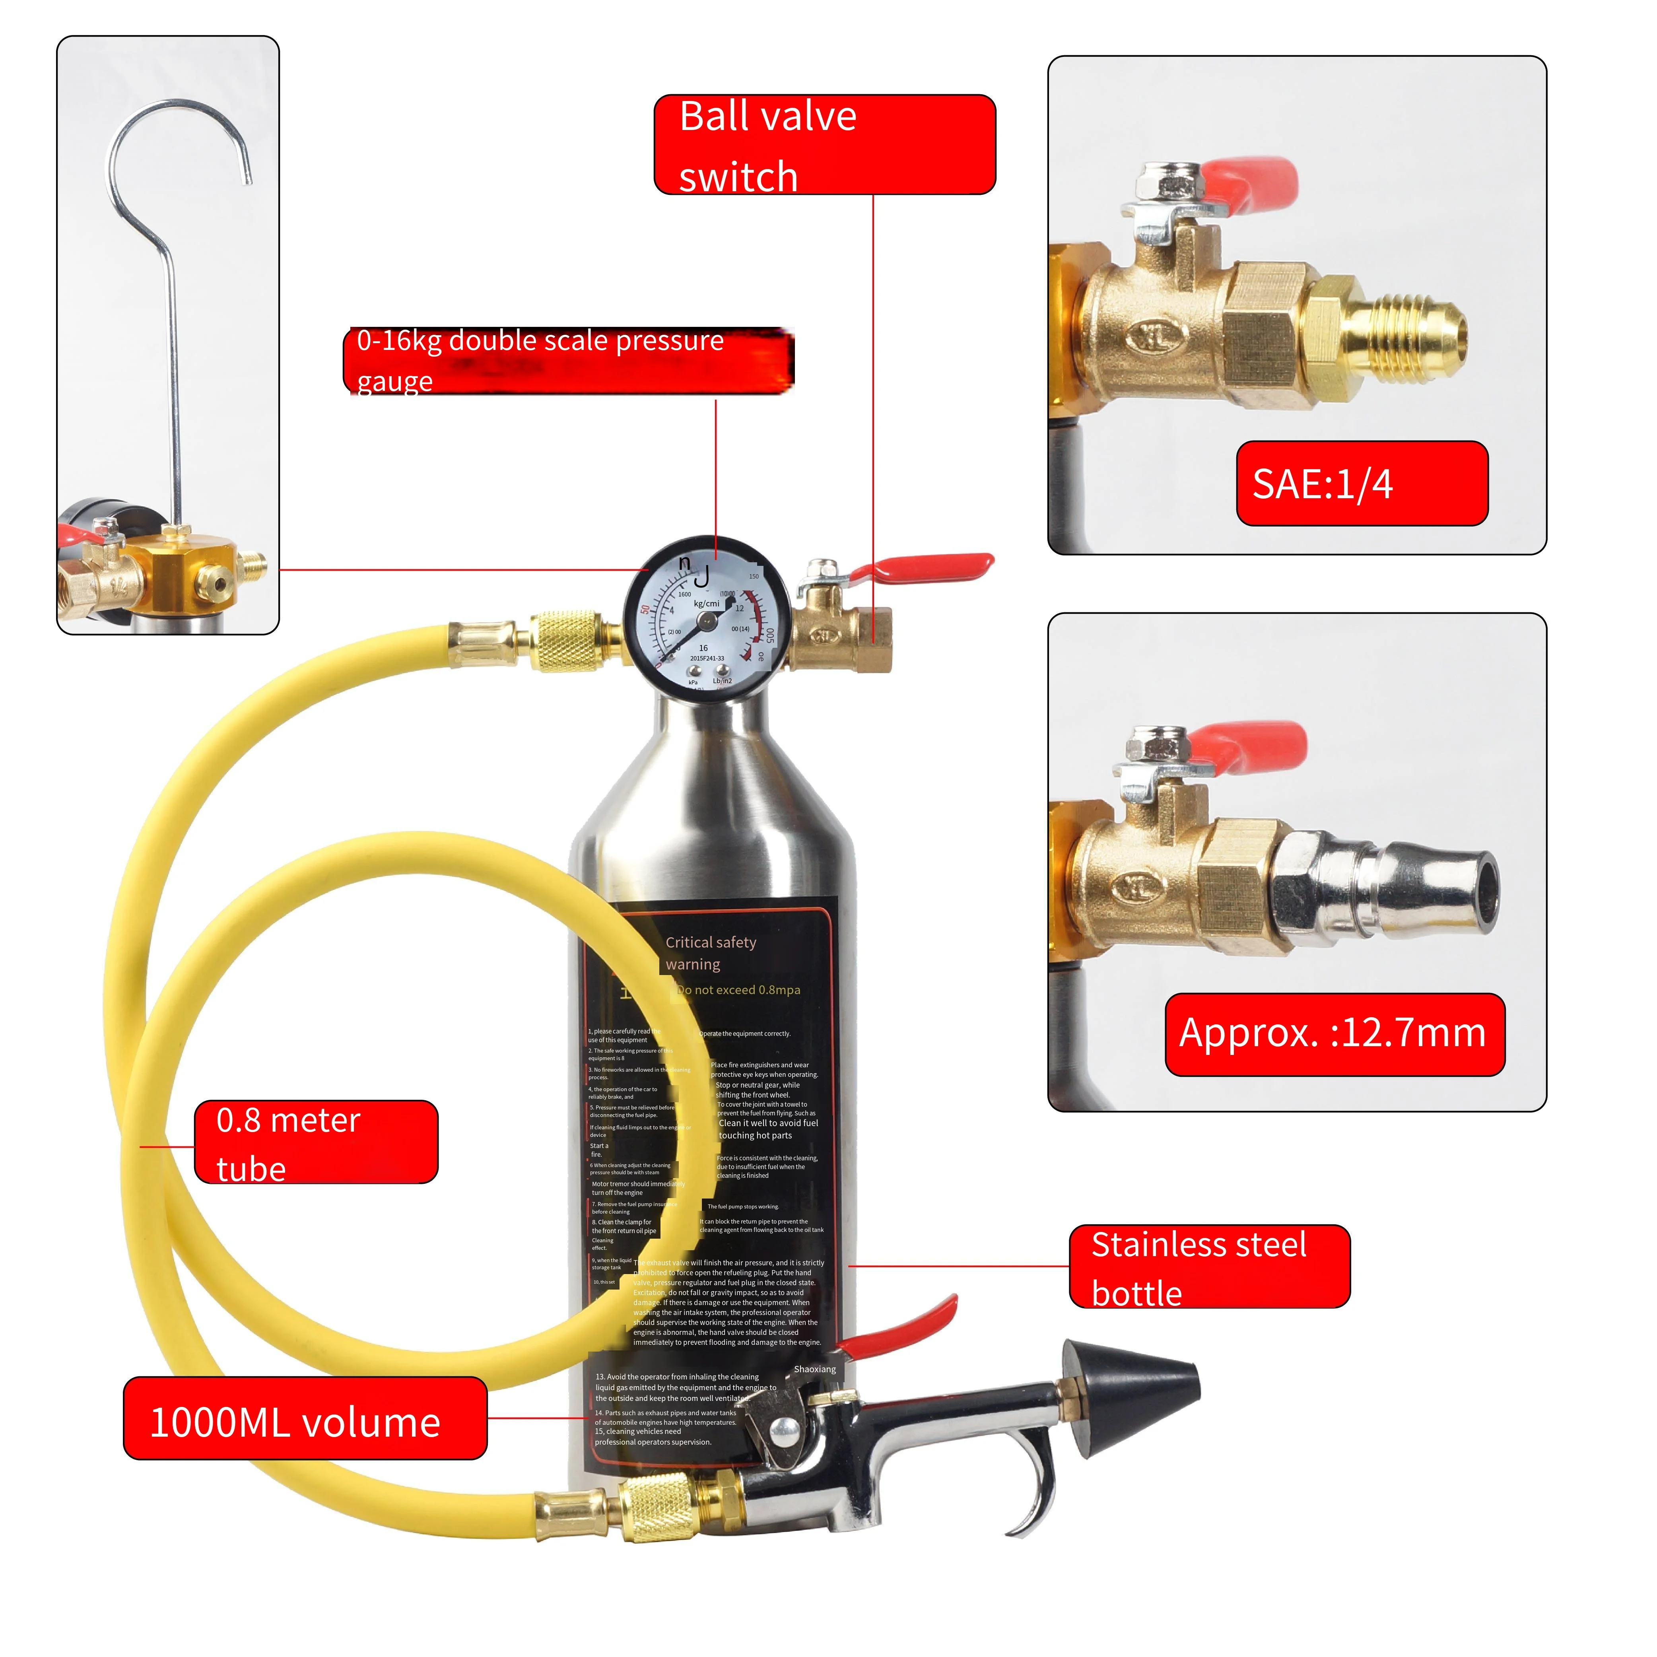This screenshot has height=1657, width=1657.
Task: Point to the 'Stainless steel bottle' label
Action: tap(1209, 1267)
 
